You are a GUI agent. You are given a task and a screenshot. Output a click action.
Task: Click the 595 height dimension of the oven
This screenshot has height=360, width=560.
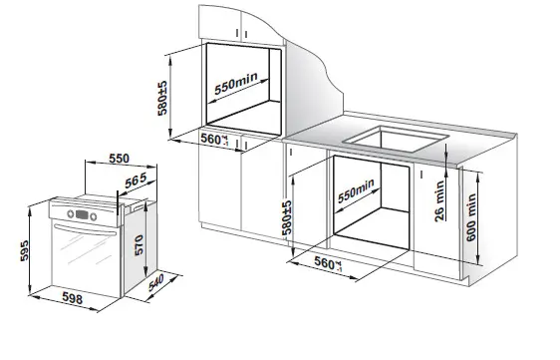click(x=24, y=250)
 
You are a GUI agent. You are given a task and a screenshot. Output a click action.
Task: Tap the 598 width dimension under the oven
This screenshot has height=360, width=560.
click(x=73, y=298)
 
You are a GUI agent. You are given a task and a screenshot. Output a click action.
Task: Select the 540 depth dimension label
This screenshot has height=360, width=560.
click(x=156, y=282)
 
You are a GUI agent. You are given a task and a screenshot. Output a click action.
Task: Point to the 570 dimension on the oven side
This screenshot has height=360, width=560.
click(x=139, y=245)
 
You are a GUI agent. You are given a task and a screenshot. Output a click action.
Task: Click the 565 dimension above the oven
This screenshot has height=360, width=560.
click(x=137, y=180)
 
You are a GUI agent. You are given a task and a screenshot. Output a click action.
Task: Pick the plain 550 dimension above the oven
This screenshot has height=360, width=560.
click(x=120, y=159)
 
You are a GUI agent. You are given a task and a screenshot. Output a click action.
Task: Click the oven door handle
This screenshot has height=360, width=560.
click(x=85, y=230)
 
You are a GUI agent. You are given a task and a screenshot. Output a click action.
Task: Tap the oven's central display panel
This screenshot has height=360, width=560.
click(x=82, y=214)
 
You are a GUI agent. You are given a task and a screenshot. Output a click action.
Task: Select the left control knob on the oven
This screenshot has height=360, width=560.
click(x=71, y=213)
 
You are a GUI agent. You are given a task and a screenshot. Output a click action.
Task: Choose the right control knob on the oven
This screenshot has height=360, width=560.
click(x=94, y=216)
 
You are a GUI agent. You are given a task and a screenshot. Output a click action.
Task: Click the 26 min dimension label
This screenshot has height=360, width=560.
click(x=439, y=201)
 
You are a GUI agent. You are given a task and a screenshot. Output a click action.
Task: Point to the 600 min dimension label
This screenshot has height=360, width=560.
click(x=471, y=217)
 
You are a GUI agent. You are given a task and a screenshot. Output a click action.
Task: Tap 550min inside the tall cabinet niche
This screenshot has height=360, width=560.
click(x=236, y=84)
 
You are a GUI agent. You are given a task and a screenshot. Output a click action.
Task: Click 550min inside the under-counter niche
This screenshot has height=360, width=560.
click(x=356, y=190)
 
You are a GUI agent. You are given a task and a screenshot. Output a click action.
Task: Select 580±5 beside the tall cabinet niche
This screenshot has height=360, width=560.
click(x=162, y=99)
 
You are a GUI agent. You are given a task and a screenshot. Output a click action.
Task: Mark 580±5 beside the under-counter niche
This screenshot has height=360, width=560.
click(x=287, y=217)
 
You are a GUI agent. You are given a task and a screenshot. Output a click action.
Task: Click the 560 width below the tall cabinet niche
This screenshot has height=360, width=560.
click(x=214, y=140)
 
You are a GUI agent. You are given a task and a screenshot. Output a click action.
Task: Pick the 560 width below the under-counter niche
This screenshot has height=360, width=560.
click(x=328, y=264)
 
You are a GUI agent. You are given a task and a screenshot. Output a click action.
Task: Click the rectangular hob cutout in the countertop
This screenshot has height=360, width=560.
click(x=396, y=139)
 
